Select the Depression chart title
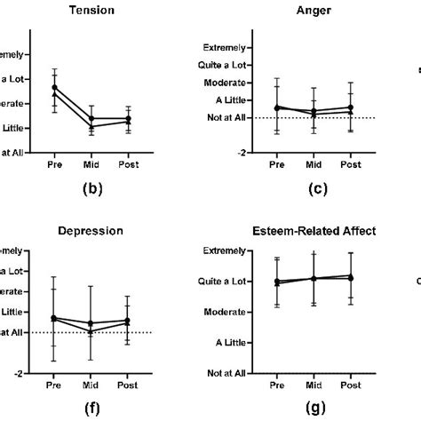click(x=91, y=232)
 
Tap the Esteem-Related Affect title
click(x=314, y=232)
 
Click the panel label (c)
click(x=314, y=188)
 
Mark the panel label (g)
click(x=314, y=409)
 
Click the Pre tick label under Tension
click(x=54, y=164)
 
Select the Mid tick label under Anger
click(x=314, y=164)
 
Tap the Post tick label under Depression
click(x=128, y=385)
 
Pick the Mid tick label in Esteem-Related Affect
click(x=314, y=385)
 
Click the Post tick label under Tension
click(x=128, y=164)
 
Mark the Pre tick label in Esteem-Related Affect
click(x=277, y=385)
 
